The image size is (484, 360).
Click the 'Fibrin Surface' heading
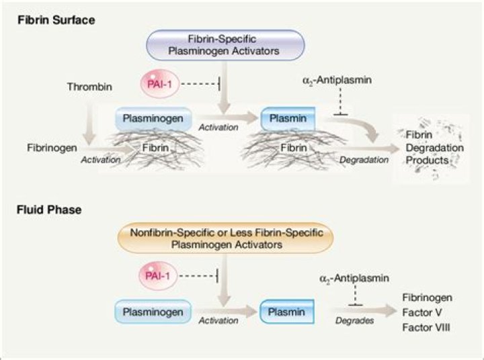(x=56, y=20)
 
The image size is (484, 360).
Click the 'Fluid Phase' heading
(x=49, y=210)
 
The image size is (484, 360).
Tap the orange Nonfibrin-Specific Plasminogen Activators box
(x=225, y=238)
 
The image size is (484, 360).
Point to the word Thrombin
(x=89, y=87)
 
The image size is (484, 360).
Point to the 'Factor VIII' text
(x=427, y=327)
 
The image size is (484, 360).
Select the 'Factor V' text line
(x=421, y=312)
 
